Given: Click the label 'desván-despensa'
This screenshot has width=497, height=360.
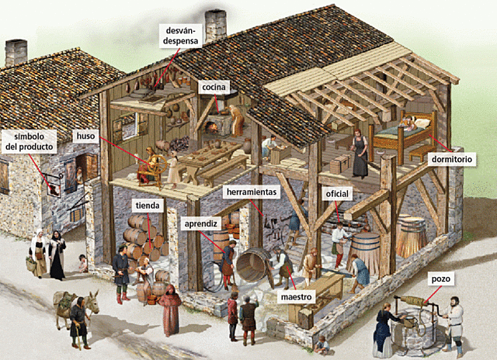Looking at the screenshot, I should pyautogui.click(x=179, y=36).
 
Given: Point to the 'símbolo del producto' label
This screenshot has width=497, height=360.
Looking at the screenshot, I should pyautogui.click(x=29, y=140).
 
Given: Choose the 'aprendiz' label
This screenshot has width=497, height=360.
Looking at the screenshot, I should pyautogui.click(x=200, y=223).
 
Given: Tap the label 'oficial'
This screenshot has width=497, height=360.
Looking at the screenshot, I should pyautogui.click(x=339, y=195).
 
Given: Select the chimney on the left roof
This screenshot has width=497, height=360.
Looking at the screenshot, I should pyautogui.click(x=16, y=52).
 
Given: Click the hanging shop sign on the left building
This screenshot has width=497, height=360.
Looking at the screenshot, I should pyautogui.click(x=53, y=187).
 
